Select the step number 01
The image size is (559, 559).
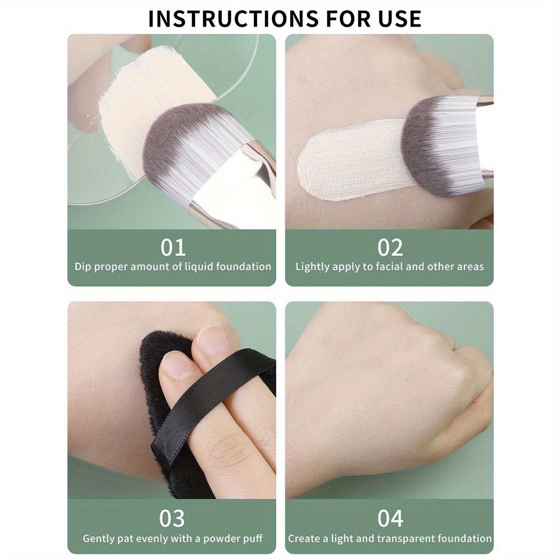pos(173,247)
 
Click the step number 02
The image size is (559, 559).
pos(390,247)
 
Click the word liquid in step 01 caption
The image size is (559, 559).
pos(199,267)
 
